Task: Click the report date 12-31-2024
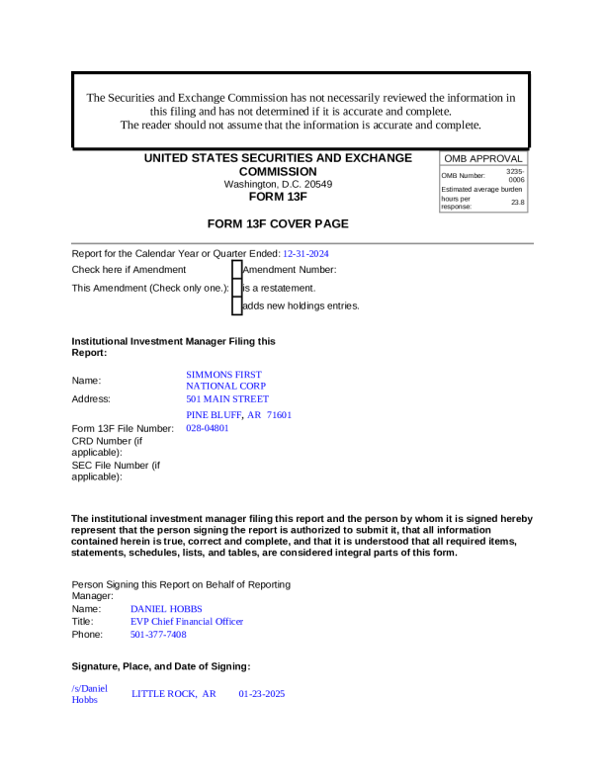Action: [x=305, y=253]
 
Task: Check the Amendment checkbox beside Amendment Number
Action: [x=236, y=269]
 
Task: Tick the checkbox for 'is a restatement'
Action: [x=236, y=288]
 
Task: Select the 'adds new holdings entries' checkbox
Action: [x=236, y=305]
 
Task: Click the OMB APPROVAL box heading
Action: [x=482, y=158]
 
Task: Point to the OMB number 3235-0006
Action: [x=515, y=175]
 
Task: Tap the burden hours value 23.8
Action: [x=517, y=202]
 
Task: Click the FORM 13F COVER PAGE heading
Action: [x=278, y=223]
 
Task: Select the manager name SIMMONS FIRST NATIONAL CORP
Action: [x=225, y=381]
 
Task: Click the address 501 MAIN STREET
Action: [x=227, y=399]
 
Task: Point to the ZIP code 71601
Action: [x=279, y=415]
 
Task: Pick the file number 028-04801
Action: [x=208, y=429]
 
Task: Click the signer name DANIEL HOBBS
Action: [x=166, y=609]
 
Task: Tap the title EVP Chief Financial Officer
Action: [x=187, y=622]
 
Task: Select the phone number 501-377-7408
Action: [x=158, y=635]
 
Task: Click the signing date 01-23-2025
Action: [x=261, y=694]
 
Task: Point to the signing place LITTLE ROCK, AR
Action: [x=174, y=694]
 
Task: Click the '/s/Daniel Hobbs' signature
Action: [x=89, y=694]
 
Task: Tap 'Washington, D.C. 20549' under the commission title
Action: [x=278, y=184]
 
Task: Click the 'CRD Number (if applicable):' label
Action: [x=107, y=446]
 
